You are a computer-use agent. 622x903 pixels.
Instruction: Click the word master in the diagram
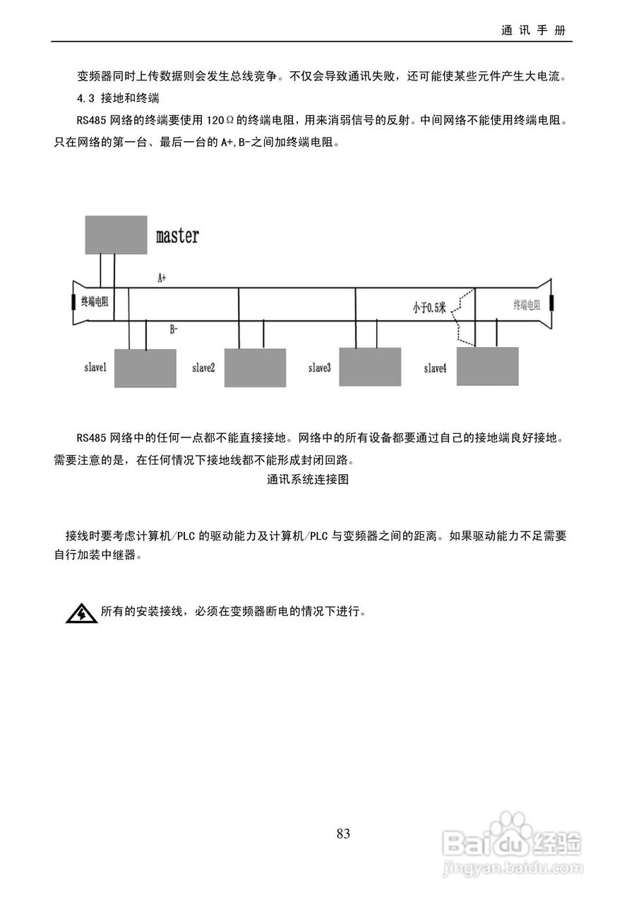[x=177, y=236]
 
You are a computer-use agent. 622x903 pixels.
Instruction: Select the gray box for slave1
[x=145, y=368]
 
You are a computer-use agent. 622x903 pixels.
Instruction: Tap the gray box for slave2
[x=255, y=368]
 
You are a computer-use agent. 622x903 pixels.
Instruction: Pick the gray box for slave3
[x=370, y=367]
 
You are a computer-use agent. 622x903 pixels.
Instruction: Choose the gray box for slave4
[x=487, y=365]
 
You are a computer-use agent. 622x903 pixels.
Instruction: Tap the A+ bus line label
[x=162, y=279]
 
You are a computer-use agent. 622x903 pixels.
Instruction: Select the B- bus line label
[x=174, y=328]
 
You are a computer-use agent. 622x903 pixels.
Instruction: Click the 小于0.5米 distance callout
[x=429, y=307]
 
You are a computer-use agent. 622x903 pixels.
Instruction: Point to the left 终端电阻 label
[x=95, y=302]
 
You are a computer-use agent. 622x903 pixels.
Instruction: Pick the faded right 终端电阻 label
[x=527, y=305]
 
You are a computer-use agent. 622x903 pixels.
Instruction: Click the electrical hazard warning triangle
[x=82, y=614]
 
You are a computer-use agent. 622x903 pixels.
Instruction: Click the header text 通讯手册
[x=533, y=31]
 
